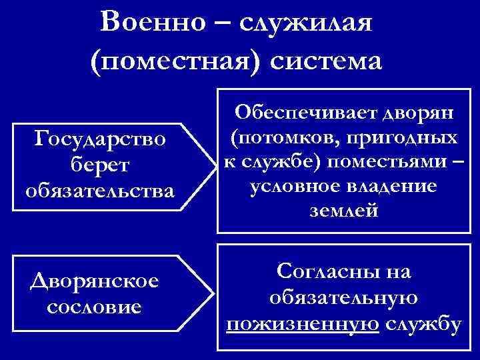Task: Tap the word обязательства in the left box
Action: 99,190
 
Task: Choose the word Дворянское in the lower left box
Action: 95,281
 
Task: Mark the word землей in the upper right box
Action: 343,212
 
